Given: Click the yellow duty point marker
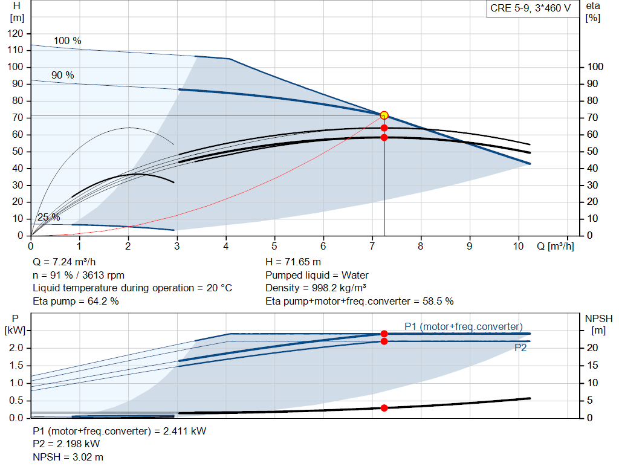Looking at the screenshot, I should click(x=384, y=115).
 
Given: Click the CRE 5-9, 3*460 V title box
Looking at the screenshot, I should click(x=530, y=9).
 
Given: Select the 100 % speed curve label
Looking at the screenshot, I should click(x=67, y=41).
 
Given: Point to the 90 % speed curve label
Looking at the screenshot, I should click(x=62, y=76).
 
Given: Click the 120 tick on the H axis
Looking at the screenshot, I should click(x=16, y=33).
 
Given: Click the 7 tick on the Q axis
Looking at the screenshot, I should click(x=372, y=247).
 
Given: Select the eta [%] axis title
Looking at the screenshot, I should click(x=593, y=11).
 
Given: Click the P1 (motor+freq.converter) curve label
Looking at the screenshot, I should click(x=464, y=327).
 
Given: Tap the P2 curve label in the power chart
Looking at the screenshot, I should click(x=521, y=348).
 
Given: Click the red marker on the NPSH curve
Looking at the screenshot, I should click(x=384, y=408).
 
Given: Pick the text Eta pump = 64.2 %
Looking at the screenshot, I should click(x=76, y=301).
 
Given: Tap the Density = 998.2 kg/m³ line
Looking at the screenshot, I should click(x=316, y=288).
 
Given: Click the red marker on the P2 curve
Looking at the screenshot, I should click(x=384, y=341).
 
